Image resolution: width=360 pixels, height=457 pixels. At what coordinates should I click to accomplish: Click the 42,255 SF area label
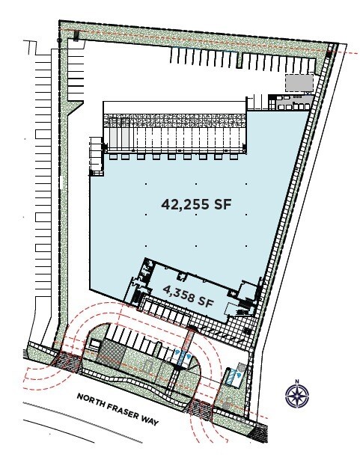(x=192, y=204)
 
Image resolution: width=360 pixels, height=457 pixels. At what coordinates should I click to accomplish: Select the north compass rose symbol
(x=298, y=395)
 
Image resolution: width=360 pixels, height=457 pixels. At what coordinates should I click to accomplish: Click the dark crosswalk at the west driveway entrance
(x=67, y=362)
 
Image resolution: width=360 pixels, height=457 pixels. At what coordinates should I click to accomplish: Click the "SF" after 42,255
(x=216, y=204)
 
